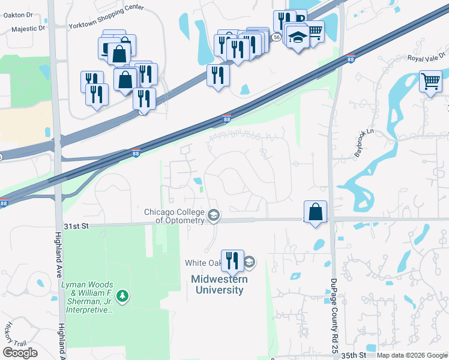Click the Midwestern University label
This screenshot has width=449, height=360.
point(217,284)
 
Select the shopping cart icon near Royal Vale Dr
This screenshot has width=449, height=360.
point(430,80)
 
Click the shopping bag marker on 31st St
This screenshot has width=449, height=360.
point(315,211)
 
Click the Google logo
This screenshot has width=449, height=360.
point(20,353)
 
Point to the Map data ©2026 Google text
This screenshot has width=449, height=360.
point(411,355)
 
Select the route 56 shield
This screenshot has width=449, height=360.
point(276,37)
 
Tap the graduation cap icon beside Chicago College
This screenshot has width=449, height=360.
point(212,215)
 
